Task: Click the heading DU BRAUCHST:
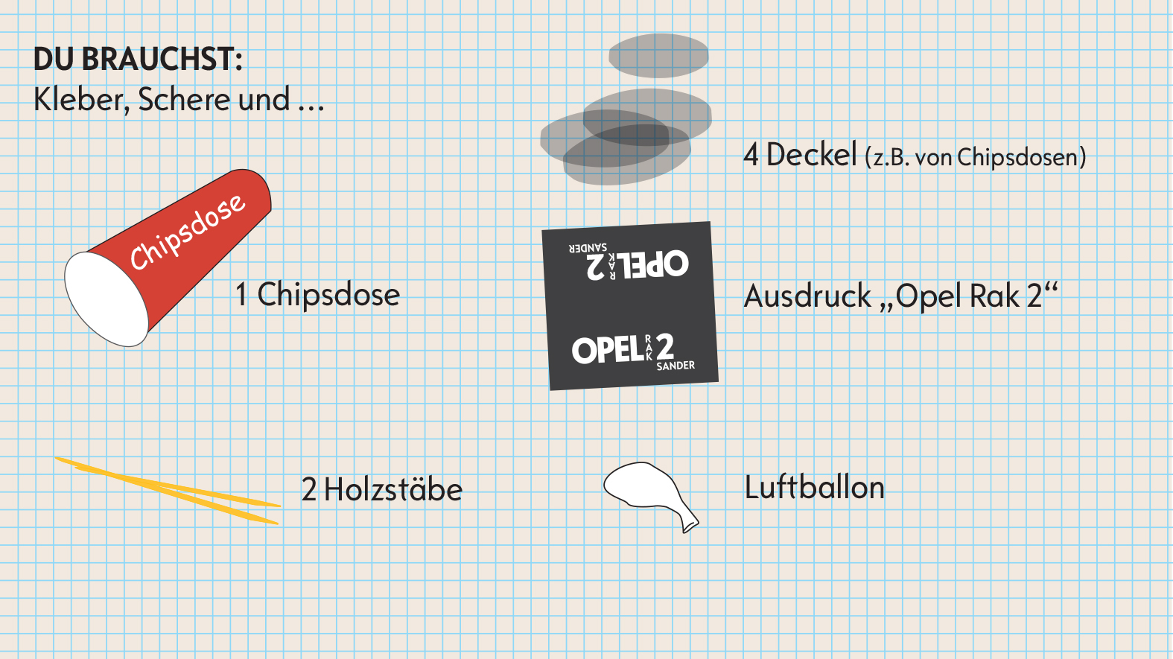(138, 60)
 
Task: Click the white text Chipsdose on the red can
(187, 231)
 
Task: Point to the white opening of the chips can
(106, 299)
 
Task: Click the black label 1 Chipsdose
(318, 295)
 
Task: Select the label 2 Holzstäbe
(382, 490)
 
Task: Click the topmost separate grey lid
(658, 56)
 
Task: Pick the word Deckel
(811, 155)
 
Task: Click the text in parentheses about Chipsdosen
(976, 157)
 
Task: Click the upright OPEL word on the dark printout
(607, 350)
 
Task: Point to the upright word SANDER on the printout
(675, 366)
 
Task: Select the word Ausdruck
(807, 296)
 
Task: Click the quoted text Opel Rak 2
(976, 296)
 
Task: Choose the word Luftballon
(815, 488)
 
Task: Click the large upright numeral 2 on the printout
(665, 346)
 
